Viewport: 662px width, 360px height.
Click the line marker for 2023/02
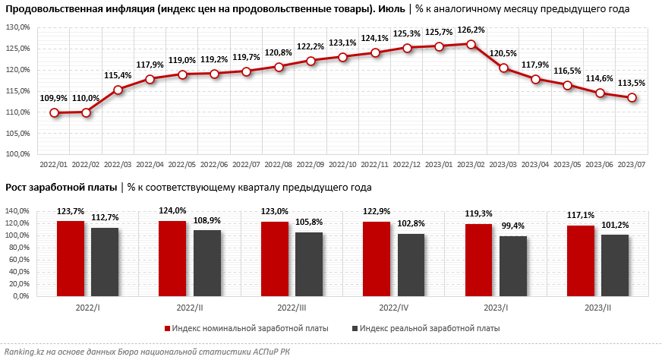pyautogui.click(x=471, y=44)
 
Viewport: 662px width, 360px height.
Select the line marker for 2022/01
pyautogui.click(x=55, y=113)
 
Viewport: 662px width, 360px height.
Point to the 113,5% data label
pyautogui.click(x=632, y=84)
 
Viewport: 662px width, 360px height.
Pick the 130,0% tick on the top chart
pyautogui.click(x=18, y=27)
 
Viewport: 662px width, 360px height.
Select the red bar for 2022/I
pyautogui.click(x=71, y=258)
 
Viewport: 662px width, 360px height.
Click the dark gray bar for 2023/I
pyautogui.click(x=513, y=266)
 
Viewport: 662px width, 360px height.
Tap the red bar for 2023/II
pyautogui.click(x=581, y=261)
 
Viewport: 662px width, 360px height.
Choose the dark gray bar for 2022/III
pyautogui.click(x=309, y=264)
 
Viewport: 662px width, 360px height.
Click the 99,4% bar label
pyautogui.click(x=513, y=226)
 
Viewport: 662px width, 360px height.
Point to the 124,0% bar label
pyautogui.click(x=173, y=210)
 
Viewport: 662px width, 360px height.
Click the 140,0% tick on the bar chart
pyautogui.click(x=17, y=210)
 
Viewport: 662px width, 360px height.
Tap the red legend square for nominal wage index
pyautogui.click(x=167, y=329)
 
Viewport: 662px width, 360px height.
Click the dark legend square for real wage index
pyautogui.click(x=354, y=329)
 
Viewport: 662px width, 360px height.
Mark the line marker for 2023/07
pyautogui.click(x=632, y=97)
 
